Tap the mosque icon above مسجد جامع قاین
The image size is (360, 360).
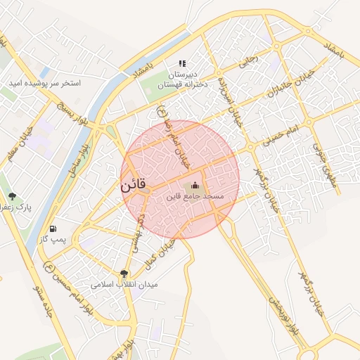[x=195, y=185]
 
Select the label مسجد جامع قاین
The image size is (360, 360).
[x=195, y=197]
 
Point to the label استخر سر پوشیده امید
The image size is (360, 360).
[x=44, y=83]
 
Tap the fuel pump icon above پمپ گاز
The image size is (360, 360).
[x=53, y=229]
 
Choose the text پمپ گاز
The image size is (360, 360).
[x=53, y=240]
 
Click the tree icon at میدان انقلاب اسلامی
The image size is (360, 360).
[x=124, y=274]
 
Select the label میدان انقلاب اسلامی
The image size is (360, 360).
[x=124, y=285]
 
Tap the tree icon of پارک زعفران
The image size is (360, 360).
[x=12, y=196]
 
